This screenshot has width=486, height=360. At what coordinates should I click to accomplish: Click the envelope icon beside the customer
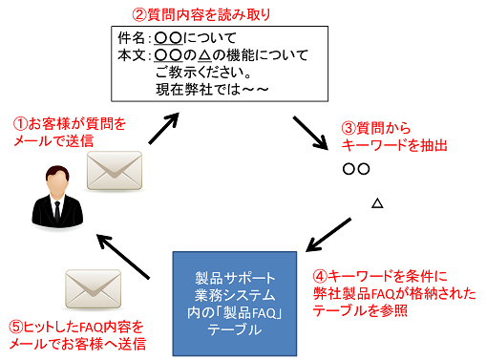[115, 171]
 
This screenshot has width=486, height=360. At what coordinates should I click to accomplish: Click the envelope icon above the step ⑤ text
[93, 289]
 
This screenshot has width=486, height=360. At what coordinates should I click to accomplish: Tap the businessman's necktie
[57, 211]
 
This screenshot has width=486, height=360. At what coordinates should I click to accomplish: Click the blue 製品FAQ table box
[235, 304]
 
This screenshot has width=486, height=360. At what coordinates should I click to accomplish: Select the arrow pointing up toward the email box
[163, 128]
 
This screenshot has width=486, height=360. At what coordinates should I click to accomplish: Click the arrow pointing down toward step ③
[310, 133]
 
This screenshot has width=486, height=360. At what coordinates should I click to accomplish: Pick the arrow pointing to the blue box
[328, 235]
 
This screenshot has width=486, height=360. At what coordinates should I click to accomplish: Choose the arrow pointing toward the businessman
[123, 257]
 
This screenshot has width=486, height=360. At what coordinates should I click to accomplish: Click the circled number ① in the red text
[20, 124]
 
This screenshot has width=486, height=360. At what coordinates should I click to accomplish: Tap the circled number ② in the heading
[139, 14]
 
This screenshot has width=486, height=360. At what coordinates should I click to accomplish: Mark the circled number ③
[349, 128]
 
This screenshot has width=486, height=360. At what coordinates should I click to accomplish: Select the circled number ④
[320, 276]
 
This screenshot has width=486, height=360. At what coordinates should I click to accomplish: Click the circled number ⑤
[16, 327]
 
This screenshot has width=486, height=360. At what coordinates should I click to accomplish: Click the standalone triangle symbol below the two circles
[377, 202]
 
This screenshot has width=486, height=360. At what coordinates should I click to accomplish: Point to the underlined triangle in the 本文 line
[204, 55]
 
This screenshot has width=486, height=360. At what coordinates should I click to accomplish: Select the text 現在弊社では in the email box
[198, 90]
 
